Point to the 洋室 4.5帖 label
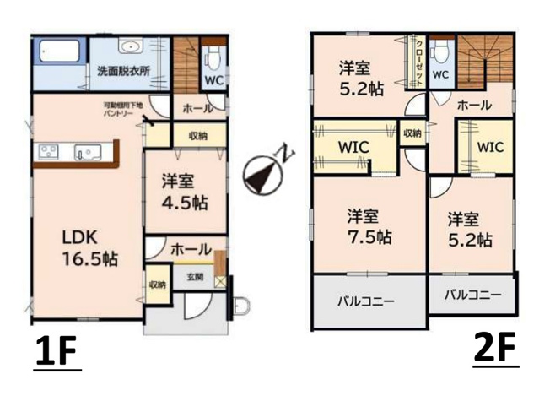tap(184, 192)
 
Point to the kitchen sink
tap(85, 153)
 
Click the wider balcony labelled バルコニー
tap(369, 300)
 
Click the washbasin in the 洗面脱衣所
tap(130, 47)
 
